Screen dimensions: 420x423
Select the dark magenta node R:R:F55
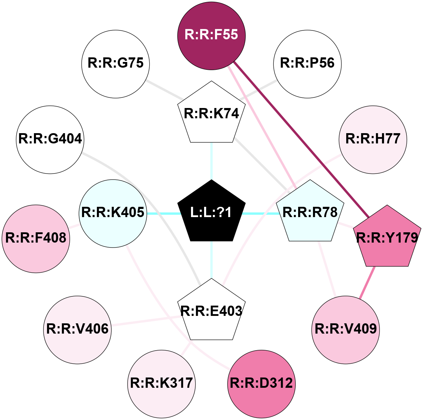coord(211,35)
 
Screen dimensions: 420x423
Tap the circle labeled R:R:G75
coord(116,64)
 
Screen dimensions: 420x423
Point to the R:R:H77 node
coord(373,140)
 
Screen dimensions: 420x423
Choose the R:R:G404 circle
coord(50,140)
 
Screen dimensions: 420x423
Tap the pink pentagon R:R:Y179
coord(388,238)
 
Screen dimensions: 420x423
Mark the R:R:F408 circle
coord(36,239)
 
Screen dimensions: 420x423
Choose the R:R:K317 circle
coord(161,384)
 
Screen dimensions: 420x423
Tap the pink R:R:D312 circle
coord(261,384)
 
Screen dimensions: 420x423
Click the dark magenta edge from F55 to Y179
coord(301,138)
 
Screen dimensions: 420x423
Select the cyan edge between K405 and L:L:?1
coord(163,213)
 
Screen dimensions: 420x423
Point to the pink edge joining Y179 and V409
coord(367,282)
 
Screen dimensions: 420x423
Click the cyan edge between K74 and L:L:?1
coord(211,161)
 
